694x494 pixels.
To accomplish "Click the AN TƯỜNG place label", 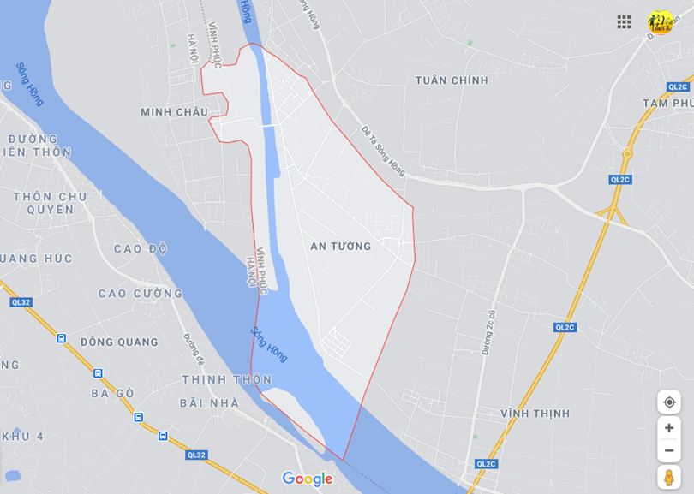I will (341, 247).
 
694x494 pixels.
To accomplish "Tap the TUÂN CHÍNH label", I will (452, 80).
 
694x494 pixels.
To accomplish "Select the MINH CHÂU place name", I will (175, 112).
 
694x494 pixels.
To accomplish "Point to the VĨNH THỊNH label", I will (535, 414).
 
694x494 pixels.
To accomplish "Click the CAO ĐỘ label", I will (141, 249).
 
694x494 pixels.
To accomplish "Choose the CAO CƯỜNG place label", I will (141, 294).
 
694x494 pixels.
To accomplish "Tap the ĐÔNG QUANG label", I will (120, 342).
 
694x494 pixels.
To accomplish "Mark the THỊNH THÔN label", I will (226, 379).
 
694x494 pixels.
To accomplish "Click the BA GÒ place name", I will (113, 394).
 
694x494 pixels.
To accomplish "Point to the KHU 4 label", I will (22, 437).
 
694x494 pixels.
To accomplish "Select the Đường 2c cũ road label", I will (489, 331).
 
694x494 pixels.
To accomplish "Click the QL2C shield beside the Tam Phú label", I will (678, 86).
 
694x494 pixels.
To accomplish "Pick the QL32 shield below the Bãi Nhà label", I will (197, 455).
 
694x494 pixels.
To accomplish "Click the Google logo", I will (307, 479).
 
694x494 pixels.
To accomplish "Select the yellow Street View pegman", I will (669, 477).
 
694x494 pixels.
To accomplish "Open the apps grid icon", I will (624, 22).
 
